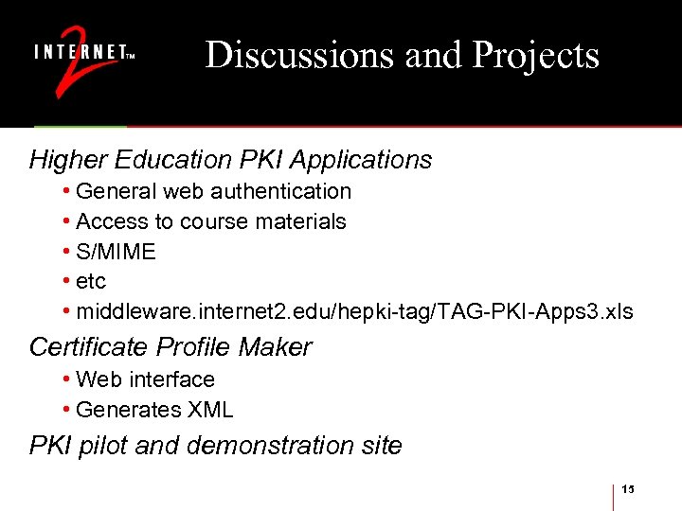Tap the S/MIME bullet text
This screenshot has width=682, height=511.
point(116,252)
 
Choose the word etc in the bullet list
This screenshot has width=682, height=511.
point(91,282)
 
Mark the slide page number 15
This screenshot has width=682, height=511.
point(629,488)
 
